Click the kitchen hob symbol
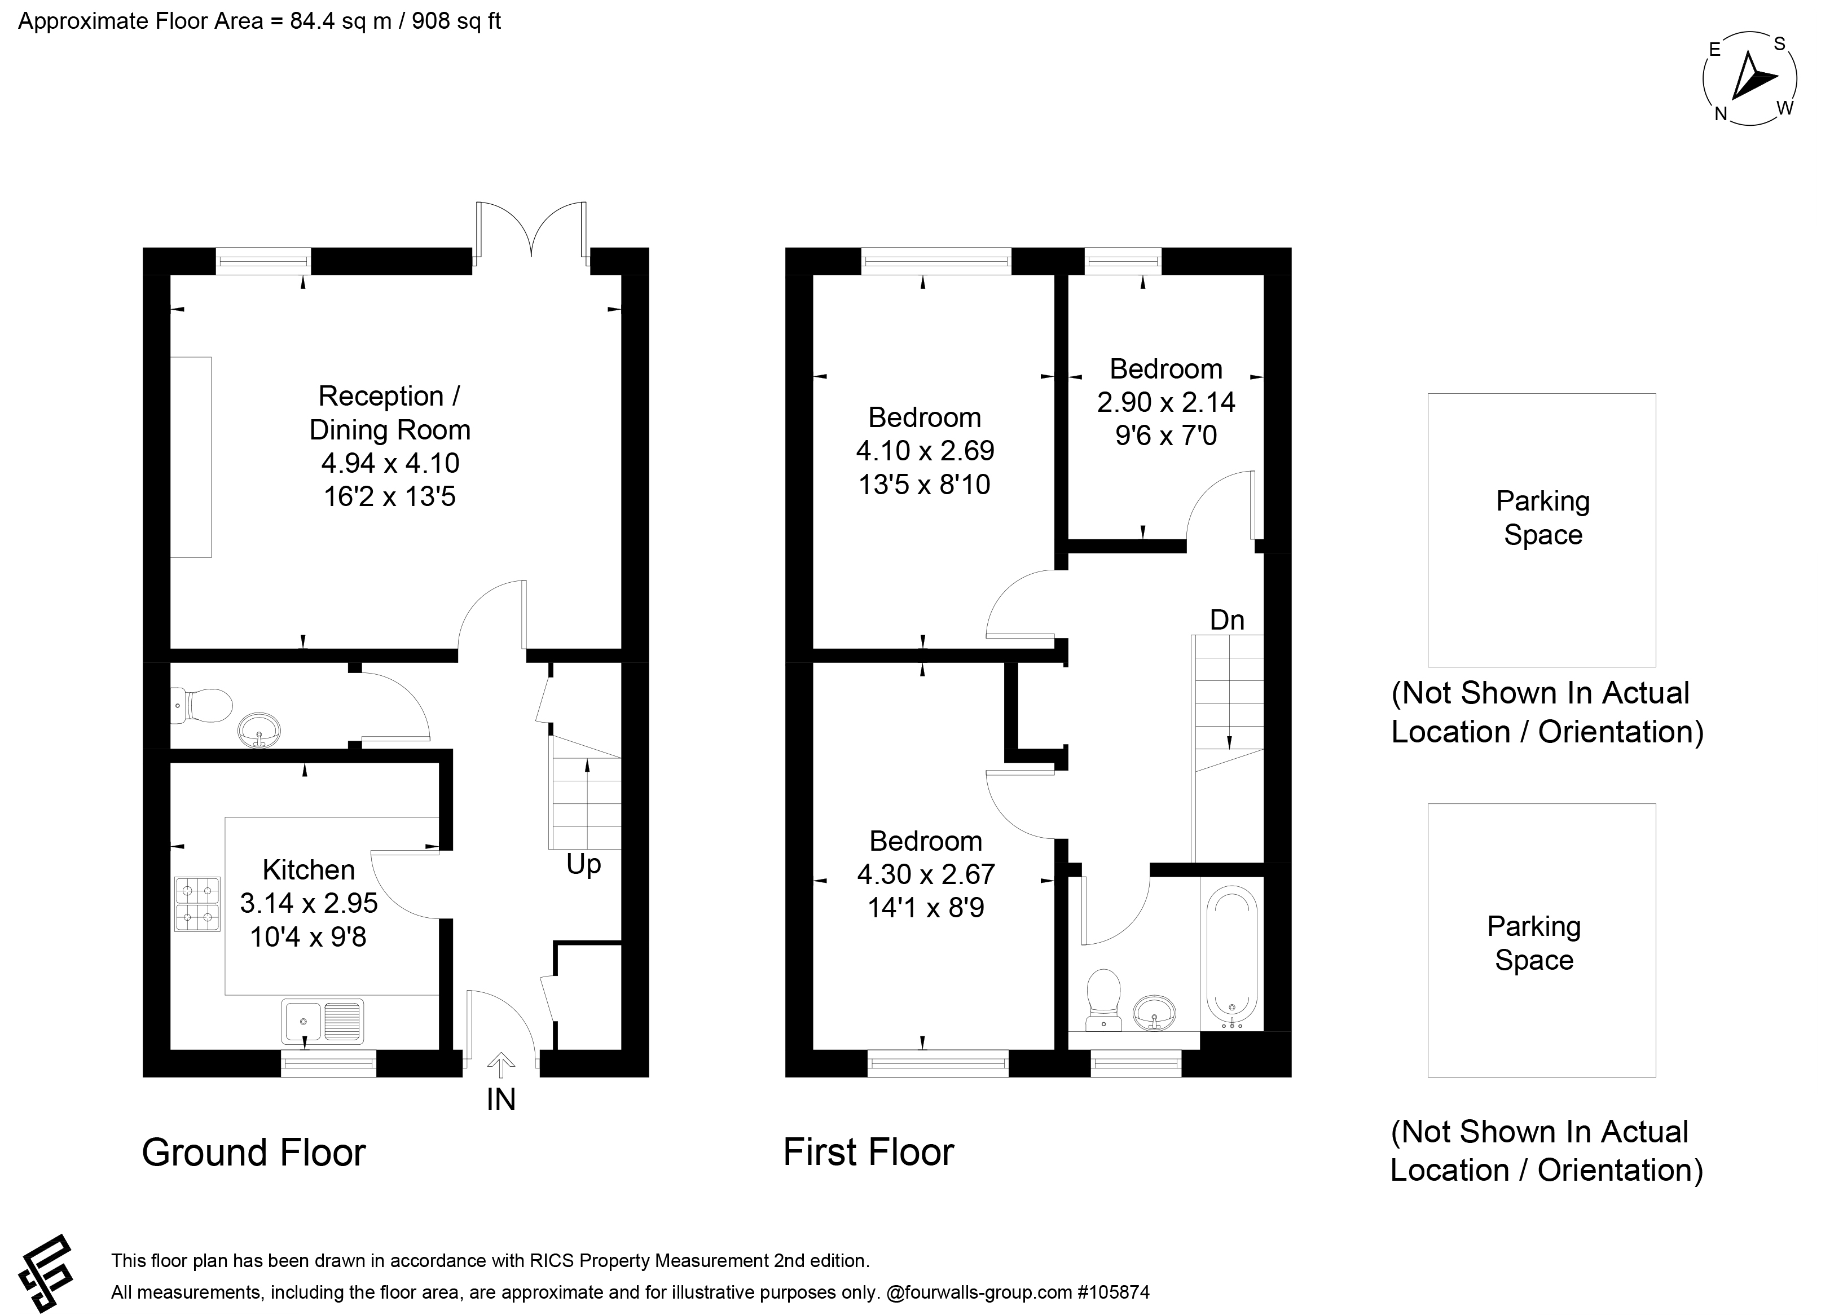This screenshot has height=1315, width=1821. click(x=197, y=904)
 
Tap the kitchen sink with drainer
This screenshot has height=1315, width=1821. click(x=323, y=1021)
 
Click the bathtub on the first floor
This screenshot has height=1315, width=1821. click(x=1231, y=958)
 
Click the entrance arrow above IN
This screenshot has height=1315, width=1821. click(x=501, y=1065)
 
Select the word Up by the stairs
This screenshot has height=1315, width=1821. click(x=584, y=865)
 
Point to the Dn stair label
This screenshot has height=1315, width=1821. click(x=1227, y=620)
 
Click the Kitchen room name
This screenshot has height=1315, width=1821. click(x=309, y=869)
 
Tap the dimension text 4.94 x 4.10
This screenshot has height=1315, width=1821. click(x=390, y=463)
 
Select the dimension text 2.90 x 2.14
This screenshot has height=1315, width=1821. click(x=1166, y=402)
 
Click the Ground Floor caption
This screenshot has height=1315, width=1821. click(x=254, y=1153)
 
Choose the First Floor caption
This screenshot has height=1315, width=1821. click(x=869, y=1153)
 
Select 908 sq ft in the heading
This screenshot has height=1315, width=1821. click(x=456, y=21)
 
